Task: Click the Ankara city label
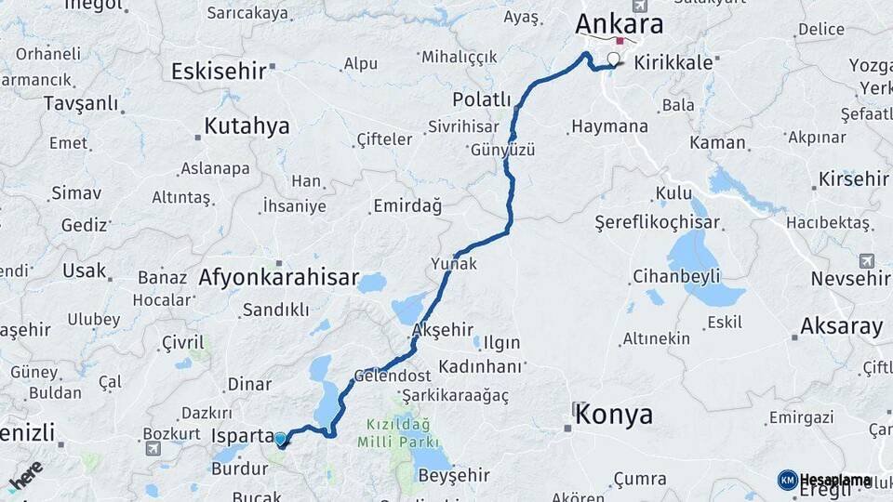[x=619, y=23]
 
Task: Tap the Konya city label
[x=614, y=415]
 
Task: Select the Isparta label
[x=243, y=436]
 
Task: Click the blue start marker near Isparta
[x=280, y=439]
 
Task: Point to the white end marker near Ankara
[x=613, y=61]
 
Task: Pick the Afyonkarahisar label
[x=278, y=277]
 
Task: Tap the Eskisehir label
[x=219, y=71]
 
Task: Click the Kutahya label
[x=247, y=126]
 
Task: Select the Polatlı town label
[x=482, y=99]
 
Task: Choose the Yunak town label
[x=454, y=264]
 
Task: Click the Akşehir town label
[x=442, y=331]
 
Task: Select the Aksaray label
[x=841, y=326]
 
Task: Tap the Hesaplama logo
[x=825, y=480]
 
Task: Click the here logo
[x=25, y=475]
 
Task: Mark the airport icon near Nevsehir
[x=867, y=260]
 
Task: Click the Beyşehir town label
[x=454, y=476]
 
